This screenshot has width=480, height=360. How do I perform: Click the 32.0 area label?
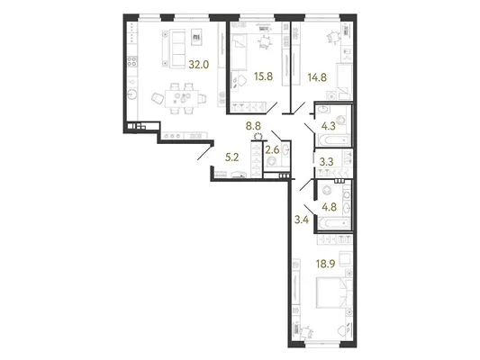tap(199, 65)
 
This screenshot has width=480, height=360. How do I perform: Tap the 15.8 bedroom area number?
tap(263, 76)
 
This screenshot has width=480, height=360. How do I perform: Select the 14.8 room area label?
tap(317, 77)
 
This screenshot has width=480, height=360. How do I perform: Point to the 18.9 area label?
tap(326, 264)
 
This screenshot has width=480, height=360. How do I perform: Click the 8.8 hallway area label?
tap(255, 125)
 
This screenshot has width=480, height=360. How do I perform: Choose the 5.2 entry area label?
tap(231, 157)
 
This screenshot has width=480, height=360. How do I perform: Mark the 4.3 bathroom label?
tap(329, 126)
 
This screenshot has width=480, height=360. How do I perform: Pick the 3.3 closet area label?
tap(326, 161)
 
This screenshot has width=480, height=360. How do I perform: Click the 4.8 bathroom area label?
tap(329, 207)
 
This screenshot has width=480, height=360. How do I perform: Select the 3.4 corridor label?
tap(301, 220)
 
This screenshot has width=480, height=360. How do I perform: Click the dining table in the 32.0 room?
tap(182, 98)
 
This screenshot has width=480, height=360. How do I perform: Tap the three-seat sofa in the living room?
tap(173, 49)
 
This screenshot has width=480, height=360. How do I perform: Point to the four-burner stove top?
tap(132, 61)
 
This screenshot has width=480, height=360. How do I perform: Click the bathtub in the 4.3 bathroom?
tap(333, 140)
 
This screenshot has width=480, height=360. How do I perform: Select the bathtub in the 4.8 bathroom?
tap(334, 223)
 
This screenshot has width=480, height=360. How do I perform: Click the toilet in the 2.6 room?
tap(272, 162)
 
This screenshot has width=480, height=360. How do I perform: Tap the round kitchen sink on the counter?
tap(132, 94)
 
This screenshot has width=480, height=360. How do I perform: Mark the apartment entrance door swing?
tap(204, 154)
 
